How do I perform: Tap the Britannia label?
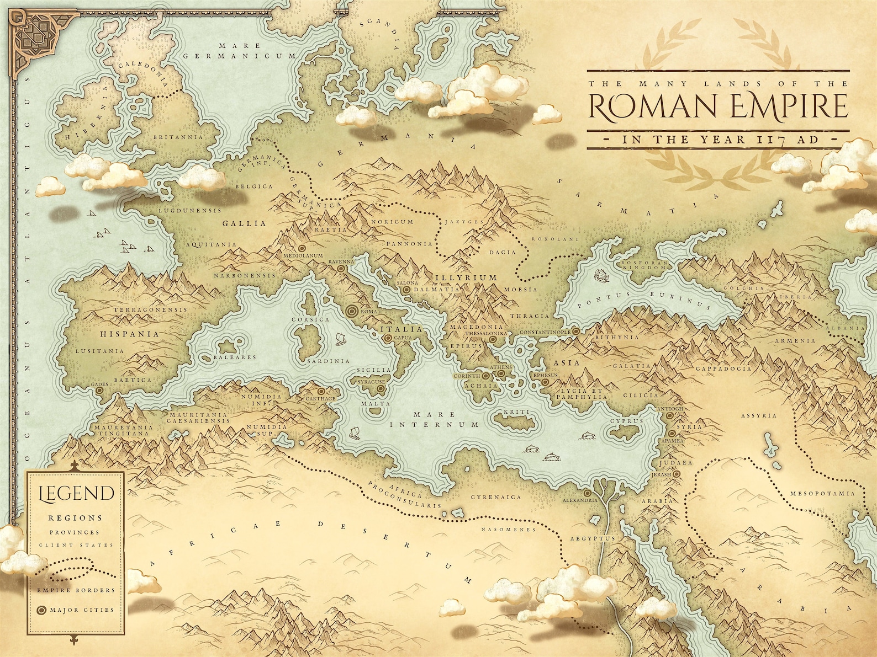point(178,137)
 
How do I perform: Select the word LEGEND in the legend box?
point(76,494)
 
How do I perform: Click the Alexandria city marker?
point(587,493)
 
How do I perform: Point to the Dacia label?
point(503,252)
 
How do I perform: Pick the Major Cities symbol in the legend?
point(41,610)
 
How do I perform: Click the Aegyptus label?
point(592,538)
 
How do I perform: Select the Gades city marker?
point(99,390)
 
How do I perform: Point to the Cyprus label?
point(627,421)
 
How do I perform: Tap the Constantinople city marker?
point(575,331)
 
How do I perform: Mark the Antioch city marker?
point(670,415)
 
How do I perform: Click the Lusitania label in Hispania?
point(99,351)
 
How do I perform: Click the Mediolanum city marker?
point(302,249)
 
